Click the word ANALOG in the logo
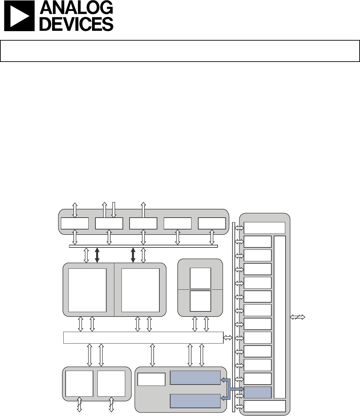[x=76, y=7]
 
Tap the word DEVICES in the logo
[x=76, y=24]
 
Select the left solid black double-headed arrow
[x=97, y=255]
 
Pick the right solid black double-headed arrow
[x=133, y=255]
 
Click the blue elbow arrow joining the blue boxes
[x=229, y=389]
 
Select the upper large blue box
[x=195, y=377]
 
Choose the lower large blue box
[x=195, y=401]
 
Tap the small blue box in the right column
[x=257, y=392]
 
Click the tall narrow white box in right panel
[x=280, y=317]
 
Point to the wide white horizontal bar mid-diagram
[x=143, y=337]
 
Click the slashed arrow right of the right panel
[x=297, y=317]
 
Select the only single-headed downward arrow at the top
[x=114, y=210]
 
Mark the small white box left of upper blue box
[x=151, y=379]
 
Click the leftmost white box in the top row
[x=75, y=223]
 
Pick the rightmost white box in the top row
[x=212, y=223]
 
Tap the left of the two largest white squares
[x=87, y=290]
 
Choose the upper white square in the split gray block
[x=200, y=278]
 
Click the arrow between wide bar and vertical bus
[x=228, y=337]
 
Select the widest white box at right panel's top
[x=264, y=228]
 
